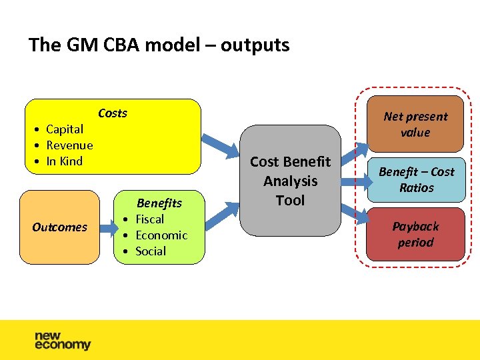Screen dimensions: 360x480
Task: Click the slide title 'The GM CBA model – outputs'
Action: click(159, 45)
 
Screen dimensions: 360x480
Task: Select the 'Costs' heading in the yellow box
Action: click(112, 113)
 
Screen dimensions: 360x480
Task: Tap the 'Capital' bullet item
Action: click(64, 129)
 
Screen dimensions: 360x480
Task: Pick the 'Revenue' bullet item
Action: click(69, 145)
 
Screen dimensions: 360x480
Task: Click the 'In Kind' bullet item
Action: click(64, 161)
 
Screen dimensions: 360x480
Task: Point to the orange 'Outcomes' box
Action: click(59, 227)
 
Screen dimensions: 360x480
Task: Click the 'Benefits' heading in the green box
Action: click(159, 203)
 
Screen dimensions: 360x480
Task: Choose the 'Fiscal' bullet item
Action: click(149, 219)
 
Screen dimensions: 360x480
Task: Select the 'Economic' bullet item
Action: click(161, 235)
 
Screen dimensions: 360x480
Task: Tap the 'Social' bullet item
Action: click(151, 251)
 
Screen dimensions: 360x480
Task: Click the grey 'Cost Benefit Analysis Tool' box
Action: click(290, 181)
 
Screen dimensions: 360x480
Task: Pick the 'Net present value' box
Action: click(415, 125)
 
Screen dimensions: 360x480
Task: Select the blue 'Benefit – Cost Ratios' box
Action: click(416, 180)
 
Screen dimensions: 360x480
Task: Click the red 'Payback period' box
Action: click(415, 235)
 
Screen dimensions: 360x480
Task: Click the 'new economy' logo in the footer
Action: click(63, 341)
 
